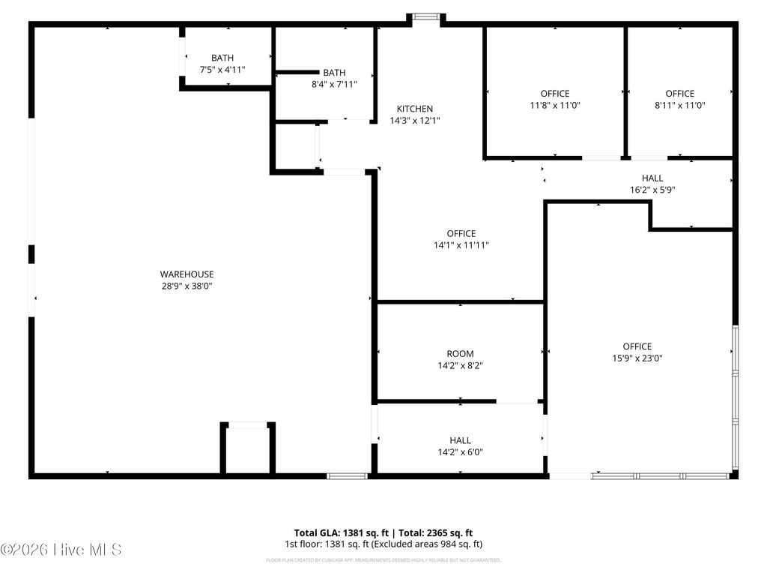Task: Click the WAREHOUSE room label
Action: pyautogui.click(x=187, y=274)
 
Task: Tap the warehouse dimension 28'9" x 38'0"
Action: pyautogui.click(x=187, y=286)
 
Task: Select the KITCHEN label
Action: pyautogui.click(x=414, y=109)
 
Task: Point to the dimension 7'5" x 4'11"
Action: pyautogui.click(x=222, y=69)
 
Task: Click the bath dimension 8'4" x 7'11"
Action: pyautogui.click(x=334, y=84)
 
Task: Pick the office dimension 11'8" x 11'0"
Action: pyautogui.click(x=555, y=106)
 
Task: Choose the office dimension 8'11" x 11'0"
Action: pyautogui.click(x=679, y=106)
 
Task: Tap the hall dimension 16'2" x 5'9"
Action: pyautogui.click(x=652, y=190)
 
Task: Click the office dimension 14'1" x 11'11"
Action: pyautogui.click(x=461, y=245)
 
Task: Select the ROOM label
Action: pyautogui.click(x=460, y=353)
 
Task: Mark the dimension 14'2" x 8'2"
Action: pyautogui.click(x=460, y=366)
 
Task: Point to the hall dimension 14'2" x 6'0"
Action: pyautogui.click(x=460, y=452)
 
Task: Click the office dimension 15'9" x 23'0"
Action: pyautogui.click(x=637, y=358)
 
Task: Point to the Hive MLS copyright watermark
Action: pyautogui.click(x=61, y=550)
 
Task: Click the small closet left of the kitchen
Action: pyautogui.click(x=296, y=147)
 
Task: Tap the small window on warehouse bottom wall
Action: pyautogui.click(x=347, y=475)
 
